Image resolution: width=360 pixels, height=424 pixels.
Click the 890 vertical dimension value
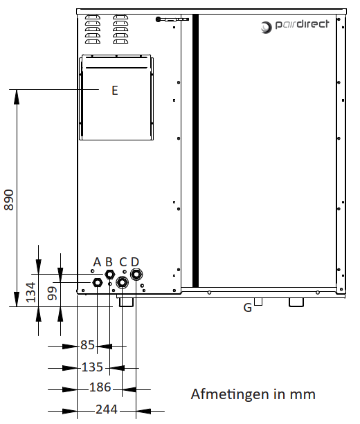click(x=9, y=200)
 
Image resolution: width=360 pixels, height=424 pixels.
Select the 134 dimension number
click(x=30, y=292)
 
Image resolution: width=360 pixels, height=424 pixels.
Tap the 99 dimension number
click(x=52, y=293)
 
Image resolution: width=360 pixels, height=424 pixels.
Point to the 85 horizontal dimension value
click(x=87, y=345)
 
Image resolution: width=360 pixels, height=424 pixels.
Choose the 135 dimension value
click(x=92, y=367)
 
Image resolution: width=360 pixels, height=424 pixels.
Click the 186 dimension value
click(x=100, y=387)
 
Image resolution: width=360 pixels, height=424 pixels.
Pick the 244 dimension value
click(x=107, y=409)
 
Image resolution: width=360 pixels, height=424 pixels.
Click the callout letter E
click(x=115, y=91)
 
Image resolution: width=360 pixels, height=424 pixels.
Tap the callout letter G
click(x=248, y=308)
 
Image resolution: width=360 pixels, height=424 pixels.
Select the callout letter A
click(x=97, y=262)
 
